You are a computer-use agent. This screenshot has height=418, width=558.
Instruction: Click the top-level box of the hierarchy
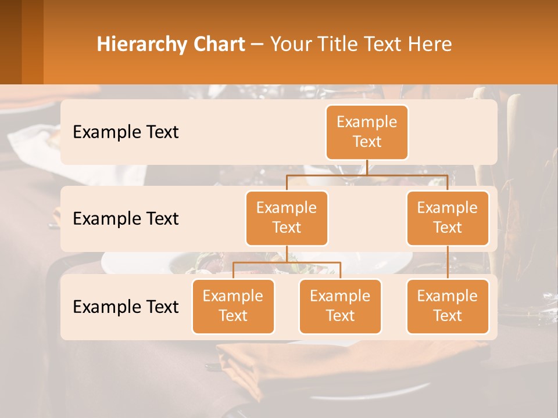point(367,132)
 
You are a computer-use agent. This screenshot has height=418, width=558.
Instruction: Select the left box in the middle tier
point(287,218)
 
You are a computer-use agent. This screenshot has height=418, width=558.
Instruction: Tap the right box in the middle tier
point(448,218)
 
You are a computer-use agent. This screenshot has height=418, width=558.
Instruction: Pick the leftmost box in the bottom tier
point(233,306)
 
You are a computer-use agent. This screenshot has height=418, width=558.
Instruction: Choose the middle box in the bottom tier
point(340,306)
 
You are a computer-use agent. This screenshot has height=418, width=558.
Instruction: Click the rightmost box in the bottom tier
point(448,306)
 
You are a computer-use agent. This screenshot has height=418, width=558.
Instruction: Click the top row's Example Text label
point(126,132)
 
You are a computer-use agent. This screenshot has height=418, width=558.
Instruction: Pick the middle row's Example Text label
point(126,218)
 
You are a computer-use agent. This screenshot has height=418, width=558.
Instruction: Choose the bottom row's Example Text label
point(126,307)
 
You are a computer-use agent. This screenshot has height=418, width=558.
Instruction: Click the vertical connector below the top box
point(367,167)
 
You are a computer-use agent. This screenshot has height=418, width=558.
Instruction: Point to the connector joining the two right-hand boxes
point(448,262)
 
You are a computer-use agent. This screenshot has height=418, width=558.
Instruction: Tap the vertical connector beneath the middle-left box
point(287,254)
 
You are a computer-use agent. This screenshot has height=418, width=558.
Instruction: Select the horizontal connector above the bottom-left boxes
point(287,263)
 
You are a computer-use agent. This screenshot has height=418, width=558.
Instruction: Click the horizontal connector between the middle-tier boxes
point(367,175)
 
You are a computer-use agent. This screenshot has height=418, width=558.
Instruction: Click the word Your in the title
point(290,44)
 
